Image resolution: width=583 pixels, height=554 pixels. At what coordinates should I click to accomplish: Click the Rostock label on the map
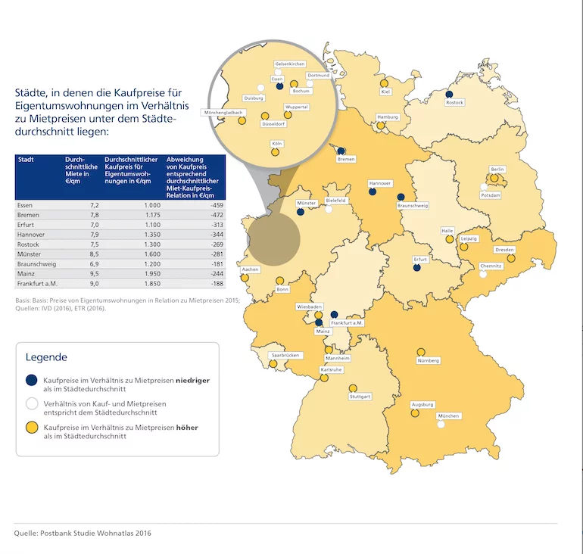[x=455, y=102]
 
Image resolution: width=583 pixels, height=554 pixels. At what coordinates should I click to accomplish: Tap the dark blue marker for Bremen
[x=341, y=151]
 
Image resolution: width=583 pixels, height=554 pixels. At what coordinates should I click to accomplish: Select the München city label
[x=448, y=415]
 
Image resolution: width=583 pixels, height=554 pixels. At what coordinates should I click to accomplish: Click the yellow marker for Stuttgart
[x=353, y=388]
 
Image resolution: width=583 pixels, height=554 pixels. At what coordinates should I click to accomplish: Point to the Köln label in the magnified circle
[x=277, y=144]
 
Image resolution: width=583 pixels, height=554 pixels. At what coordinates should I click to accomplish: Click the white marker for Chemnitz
[x=483, y=274]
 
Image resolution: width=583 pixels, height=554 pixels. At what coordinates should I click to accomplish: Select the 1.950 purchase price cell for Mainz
[x=153, y=274]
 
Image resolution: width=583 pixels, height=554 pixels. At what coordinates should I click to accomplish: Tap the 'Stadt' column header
[x=26, y=160]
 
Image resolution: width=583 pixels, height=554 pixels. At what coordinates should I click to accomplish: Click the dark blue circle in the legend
[x=32, y=380]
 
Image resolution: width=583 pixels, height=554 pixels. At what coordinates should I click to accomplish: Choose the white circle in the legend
[x=32, y=403]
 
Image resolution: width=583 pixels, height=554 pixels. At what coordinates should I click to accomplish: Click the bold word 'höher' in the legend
[x=187, y=428]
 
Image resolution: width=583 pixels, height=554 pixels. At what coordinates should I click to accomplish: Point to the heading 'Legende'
[x=46, y=357]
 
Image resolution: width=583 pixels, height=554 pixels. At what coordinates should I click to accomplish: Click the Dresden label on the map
[x=504, y=250]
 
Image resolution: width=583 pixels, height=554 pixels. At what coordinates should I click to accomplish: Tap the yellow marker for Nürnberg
[x=421, y=352]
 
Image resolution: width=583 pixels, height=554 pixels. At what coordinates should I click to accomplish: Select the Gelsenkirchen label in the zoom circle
[x=290, y=64]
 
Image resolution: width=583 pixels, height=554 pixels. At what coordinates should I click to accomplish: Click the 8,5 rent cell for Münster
[x=94, y=254]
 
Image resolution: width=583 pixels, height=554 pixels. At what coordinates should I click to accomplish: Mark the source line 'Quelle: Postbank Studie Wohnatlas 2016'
[x=83, y=534]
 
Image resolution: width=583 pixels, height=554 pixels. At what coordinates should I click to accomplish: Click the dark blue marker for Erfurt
[x=416, y=267]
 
